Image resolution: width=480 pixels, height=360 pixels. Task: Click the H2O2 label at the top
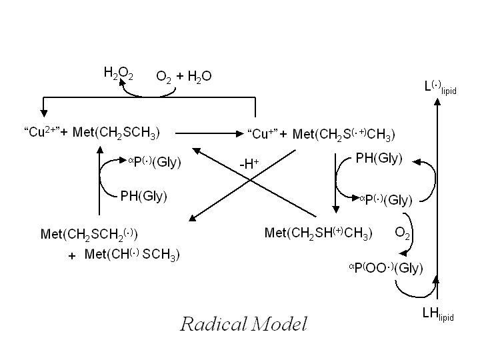[x=119, y=73]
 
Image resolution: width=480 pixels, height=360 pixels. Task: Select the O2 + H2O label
[x=184, y=76]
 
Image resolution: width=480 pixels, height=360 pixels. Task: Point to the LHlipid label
[x=438, y=315]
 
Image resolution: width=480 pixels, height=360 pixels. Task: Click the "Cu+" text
[x=263, y=134]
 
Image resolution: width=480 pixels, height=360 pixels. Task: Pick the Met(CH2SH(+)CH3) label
[x=319, y=233]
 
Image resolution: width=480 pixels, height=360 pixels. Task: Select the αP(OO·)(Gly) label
[x=386, y=268]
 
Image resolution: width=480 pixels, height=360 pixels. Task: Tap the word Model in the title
[x=279, y=324]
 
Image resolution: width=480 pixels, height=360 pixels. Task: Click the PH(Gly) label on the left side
[x=143, y=196]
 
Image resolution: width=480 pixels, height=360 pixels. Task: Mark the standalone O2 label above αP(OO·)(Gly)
[x=402, y=233]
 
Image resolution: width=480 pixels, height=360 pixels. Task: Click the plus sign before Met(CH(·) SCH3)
[x=72, y=256]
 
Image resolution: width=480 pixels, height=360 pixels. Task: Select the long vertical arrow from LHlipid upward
[x=436, y=200]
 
